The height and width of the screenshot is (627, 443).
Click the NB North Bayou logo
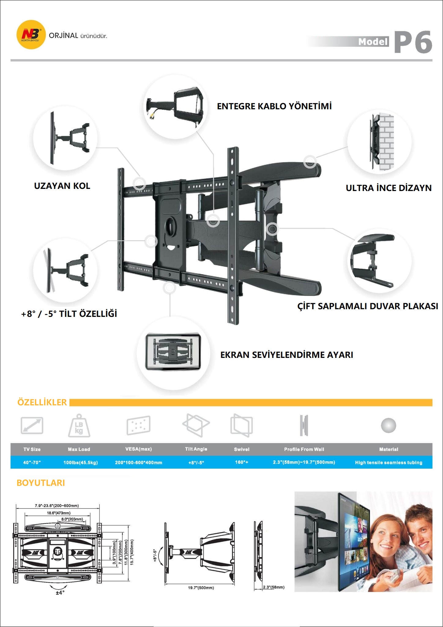coord(31,35)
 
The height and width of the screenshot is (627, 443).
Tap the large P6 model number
coord(413,42)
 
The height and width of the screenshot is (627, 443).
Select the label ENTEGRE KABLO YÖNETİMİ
coord(274,106)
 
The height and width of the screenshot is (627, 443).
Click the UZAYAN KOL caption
coord(62,186)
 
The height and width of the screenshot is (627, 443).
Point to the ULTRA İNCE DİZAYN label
coord(389,188)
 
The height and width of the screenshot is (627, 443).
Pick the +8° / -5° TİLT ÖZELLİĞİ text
coord(69,314)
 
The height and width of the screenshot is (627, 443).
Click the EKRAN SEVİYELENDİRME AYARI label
coord(287,355)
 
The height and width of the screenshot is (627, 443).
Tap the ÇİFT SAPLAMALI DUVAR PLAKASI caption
coord(368,306)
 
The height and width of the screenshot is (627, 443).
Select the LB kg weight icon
coord(79,426)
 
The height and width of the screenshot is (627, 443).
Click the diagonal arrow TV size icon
coord(32,426)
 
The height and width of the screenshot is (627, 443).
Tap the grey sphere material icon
coord(389,426)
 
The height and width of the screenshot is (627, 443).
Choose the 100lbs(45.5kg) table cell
coord(80,462)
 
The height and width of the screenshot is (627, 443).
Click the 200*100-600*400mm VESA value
coord(139,462)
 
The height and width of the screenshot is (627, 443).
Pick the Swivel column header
coord(242,449)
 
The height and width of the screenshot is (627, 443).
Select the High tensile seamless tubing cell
coord(389,462)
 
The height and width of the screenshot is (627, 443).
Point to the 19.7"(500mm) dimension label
coord(201,588)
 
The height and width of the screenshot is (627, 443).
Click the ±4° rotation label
coord(60,593)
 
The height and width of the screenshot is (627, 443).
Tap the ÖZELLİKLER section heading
coord(42,402)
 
